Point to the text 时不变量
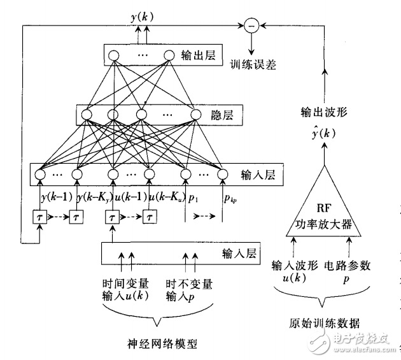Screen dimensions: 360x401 188,282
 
